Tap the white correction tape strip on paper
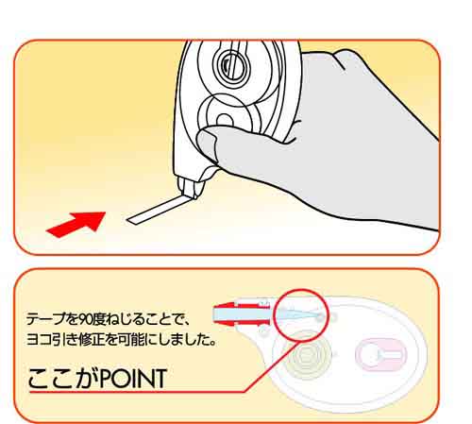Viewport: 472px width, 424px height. pos(158,210)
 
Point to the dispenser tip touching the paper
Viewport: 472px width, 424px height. pos(190,188)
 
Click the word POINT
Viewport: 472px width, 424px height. pos(133,378)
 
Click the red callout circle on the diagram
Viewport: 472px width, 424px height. pos(301,315)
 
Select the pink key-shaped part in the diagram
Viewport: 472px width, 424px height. pos(381,354)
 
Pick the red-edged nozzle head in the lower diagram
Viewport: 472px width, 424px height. pos(242,314)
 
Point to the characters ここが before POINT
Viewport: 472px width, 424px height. pos(63,378)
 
